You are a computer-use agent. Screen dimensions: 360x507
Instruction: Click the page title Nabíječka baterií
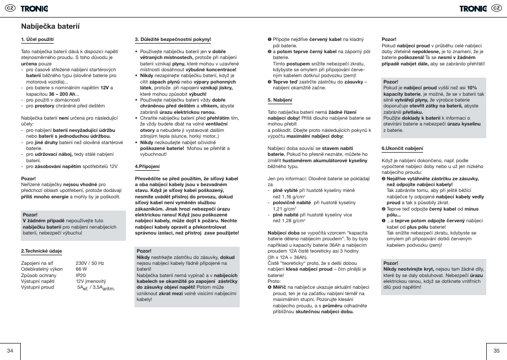click(x=50, y=25)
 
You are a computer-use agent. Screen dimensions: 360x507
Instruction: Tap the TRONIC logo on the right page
click(x=473, y=8)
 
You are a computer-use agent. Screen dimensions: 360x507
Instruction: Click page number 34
click(x=10, y=350)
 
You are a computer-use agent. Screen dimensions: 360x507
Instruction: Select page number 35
click(x=496, y=350)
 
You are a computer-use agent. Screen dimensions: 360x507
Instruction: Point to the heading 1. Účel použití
click(x=37, y=39)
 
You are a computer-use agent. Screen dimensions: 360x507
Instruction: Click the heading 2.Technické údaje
click(x=41, y=250)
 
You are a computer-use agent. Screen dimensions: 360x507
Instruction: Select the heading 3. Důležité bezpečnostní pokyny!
click(x=173, y=39)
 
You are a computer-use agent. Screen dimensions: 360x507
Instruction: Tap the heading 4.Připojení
click(x=147, y=166)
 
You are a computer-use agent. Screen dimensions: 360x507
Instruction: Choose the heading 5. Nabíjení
click(x=280, y=99)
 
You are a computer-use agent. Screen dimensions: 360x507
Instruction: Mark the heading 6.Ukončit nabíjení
click(x=402, y=148)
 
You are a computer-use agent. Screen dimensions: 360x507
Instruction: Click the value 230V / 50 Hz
click(x=90, y=263)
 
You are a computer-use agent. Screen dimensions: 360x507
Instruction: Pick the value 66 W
click(x=81, y=269)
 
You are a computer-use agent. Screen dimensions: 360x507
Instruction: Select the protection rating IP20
click(x=81, y=275)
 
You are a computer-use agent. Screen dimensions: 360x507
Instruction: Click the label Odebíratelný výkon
click(x=41, y=269)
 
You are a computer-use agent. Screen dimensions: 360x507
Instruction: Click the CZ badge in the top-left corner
click(x=10, y=8)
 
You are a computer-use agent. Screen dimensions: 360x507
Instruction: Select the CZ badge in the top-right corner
click(x=496, y=8)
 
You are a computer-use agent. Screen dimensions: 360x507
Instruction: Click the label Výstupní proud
click(x=37, y=287)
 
